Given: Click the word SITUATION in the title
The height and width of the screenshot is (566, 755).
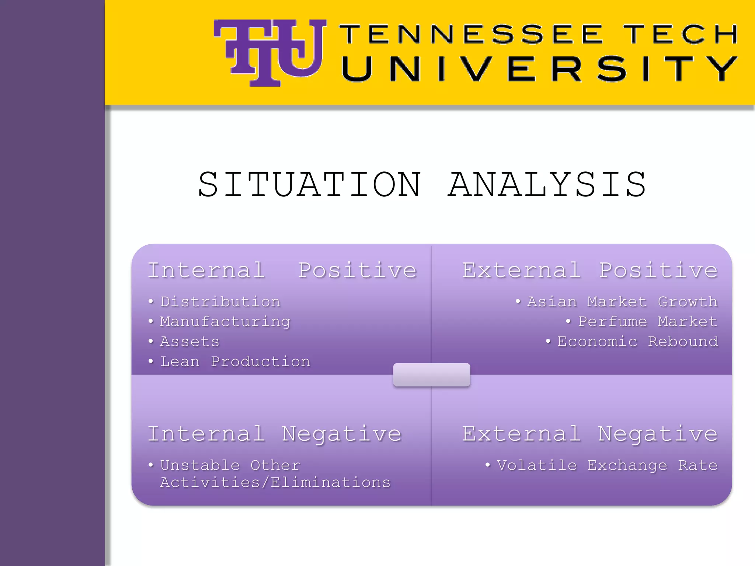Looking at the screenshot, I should (x=310, y=185).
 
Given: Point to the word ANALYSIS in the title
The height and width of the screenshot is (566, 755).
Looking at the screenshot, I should (x=547, y=185).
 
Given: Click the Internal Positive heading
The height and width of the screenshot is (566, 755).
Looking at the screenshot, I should (x=282, y=270).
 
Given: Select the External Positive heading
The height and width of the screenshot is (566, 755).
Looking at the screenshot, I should (x=590, y=270).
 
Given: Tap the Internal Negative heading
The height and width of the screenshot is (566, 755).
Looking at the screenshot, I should (x=275, y=434).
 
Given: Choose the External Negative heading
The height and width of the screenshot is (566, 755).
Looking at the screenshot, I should (x=590, y=434).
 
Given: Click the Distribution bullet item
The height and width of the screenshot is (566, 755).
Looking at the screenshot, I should (x=220, y=302).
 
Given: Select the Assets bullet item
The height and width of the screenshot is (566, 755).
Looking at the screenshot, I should (x=189, y=342).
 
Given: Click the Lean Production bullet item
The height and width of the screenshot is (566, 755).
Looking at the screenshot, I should (x=235, y=361).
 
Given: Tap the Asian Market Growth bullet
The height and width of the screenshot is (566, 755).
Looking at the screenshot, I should (x=622, y=302).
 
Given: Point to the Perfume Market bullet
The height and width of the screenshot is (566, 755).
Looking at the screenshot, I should (x=647, y=322).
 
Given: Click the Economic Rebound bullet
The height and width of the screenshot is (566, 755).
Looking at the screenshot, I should (x=637, y=342).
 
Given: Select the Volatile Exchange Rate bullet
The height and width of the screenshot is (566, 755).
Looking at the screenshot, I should (x=607, y=465).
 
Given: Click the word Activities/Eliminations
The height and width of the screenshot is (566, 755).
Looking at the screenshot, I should (x=275, y=482).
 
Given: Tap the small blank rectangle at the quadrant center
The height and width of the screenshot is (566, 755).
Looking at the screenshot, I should (x=432, y=375).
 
